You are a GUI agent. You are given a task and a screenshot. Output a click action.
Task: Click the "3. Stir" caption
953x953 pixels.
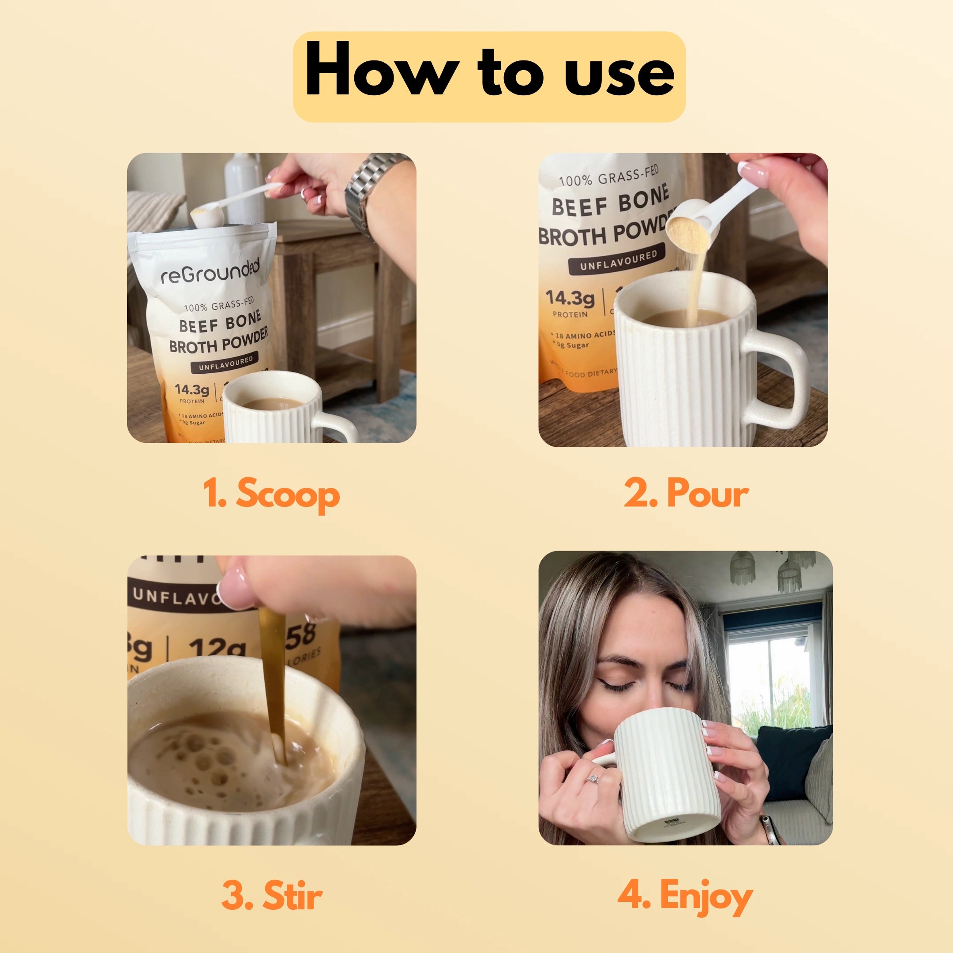point(272,895)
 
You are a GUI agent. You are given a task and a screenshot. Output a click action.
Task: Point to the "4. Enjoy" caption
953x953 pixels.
point(685,895)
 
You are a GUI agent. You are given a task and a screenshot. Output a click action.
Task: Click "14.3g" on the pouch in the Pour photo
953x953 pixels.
point(570,298)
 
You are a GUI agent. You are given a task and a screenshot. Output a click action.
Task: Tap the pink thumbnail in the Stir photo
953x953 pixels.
point(232,589)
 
